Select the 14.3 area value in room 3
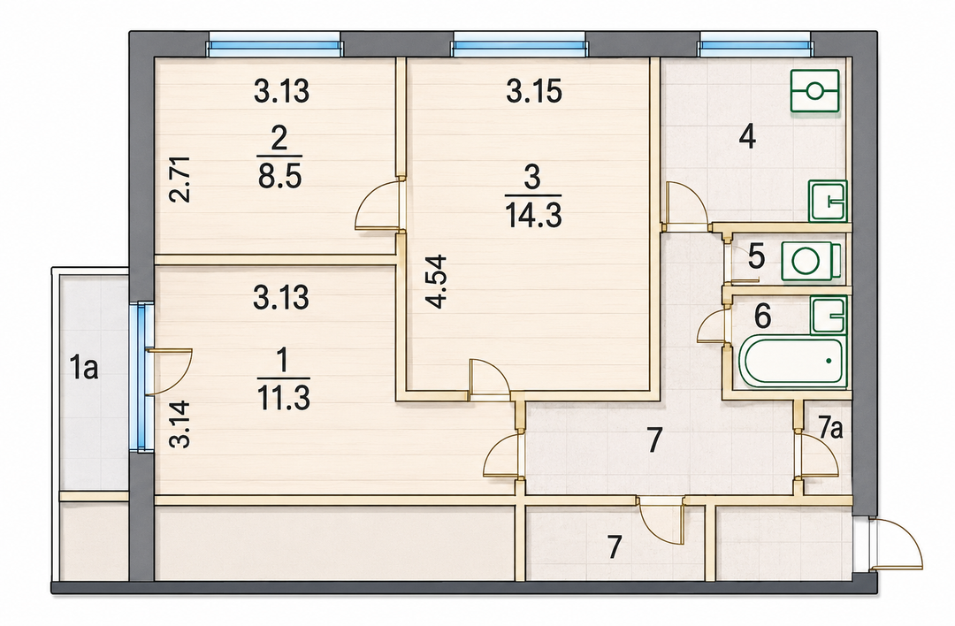pos(533,216)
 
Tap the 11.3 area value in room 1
pos(284,398)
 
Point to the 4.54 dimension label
pos(437,282)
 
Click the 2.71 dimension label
pos(181,179)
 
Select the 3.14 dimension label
pos(181,424)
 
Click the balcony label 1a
pos(83,369)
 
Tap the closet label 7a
pos(830,429)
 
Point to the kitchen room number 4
pos(747,137)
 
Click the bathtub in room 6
pos(791,361)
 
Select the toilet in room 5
pos(812,262)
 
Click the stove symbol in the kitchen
pos(815,91)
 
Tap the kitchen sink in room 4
pos(828,201)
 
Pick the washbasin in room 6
pos(829,315)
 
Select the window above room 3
pos(519,44)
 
